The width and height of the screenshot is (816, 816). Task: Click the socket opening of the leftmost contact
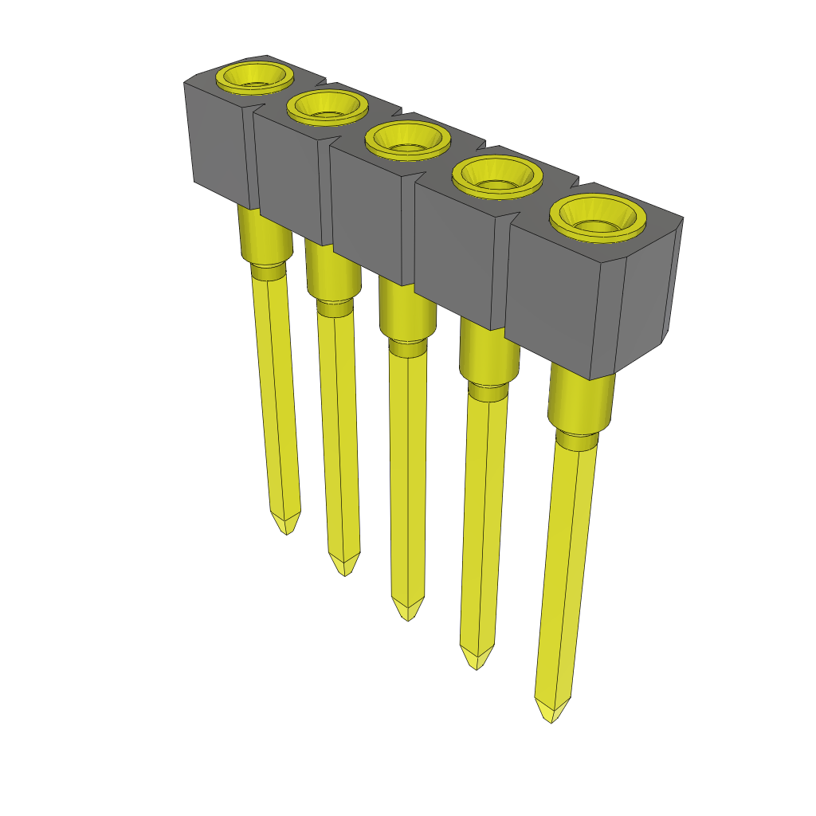click(253, 78)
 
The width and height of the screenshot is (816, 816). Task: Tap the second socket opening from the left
click(327, 106)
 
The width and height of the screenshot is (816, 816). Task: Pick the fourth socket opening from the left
click(497, 175)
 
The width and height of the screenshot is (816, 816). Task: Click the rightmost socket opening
click(596, 217)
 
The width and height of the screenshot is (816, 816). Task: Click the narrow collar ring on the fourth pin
click(486, 390)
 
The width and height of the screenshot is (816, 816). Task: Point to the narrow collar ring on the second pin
click(335, 308)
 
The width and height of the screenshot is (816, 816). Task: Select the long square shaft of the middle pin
click(406, 478)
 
